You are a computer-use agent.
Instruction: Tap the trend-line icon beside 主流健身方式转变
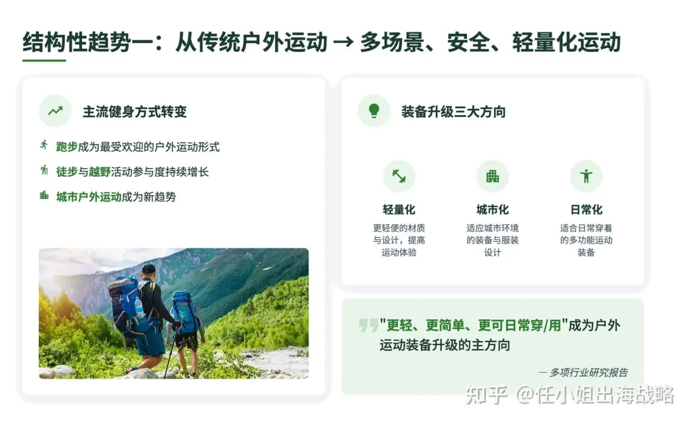55,111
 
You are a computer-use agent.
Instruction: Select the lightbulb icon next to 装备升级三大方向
374,111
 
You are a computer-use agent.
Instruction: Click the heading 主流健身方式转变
135,112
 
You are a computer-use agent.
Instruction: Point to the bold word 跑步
67,146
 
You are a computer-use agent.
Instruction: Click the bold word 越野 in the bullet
99,172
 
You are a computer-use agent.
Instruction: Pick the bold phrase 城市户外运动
89,197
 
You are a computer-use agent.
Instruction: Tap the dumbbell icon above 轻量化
399,176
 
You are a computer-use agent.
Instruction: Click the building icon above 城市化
493,176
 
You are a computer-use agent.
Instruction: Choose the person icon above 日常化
586,176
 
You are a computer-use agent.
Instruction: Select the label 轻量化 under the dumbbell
399,210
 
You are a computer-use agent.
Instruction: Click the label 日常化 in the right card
586,210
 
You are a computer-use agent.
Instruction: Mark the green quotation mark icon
368,325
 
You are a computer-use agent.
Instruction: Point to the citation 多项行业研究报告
588,372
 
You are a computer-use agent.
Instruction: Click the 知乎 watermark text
486,395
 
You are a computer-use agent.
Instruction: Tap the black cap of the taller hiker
148,268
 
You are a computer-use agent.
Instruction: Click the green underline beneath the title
44,60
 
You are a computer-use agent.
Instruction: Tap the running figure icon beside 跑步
44,145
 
